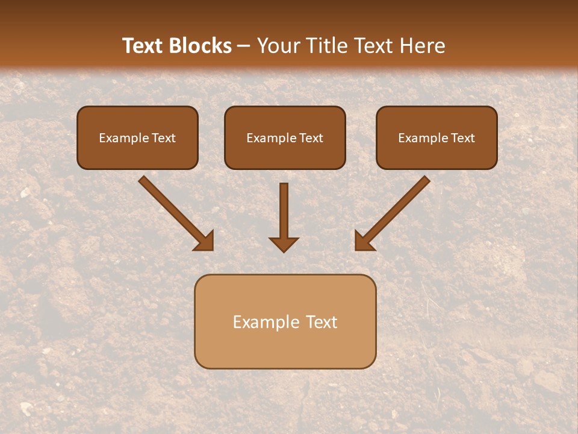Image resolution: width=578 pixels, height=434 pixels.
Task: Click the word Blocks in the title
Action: click(x=201, y=46)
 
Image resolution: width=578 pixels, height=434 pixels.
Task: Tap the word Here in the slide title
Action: click(x=422, y=46)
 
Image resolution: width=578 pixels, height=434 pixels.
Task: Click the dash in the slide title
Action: click(x=244, y=46)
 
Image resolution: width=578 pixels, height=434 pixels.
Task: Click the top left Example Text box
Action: click(x=137, y=138)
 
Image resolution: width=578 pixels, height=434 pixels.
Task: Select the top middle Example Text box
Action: click(x=285, y=138)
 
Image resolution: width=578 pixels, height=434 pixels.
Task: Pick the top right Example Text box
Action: click(x=437, y=138)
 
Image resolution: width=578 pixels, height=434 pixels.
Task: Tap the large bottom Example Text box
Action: click(x=285, y=321)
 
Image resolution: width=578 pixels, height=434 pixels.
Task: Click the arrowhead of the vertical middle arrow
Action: click(x=284, y=244)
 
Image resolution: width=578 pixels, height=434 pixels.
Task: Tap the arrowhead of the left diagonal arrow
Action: click(x=205, y=241)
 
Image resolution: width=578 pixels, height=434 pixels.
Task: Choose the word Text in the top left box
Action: click(x=164, y=138)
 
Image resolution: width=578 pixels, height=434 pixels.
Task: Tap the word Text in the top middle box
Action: click(x=311, y=138)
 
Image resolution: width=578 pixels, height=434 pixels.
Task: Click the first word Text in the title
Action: click(x=143, y=46)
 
